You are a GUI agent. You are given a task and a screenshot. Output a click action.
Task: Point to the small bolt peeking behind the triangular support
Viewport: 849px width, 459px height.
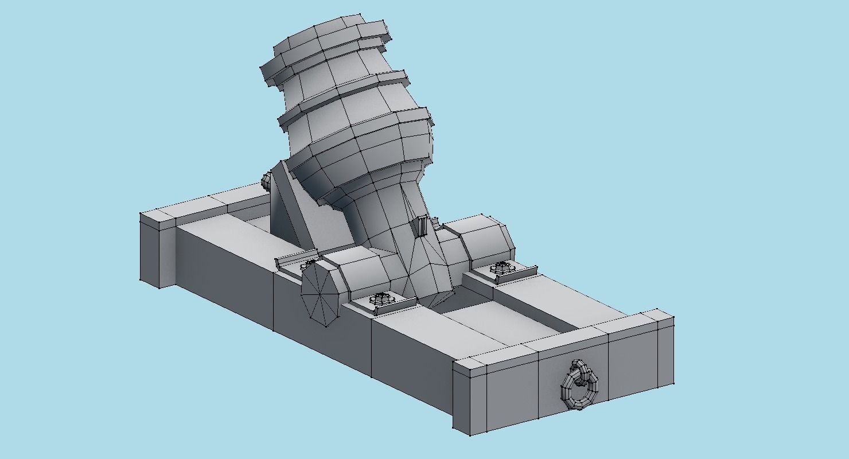(266, 181)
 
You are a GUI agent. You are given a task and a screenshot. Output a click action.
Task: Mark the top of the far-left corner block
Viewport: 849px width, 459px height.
(158, 218)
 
